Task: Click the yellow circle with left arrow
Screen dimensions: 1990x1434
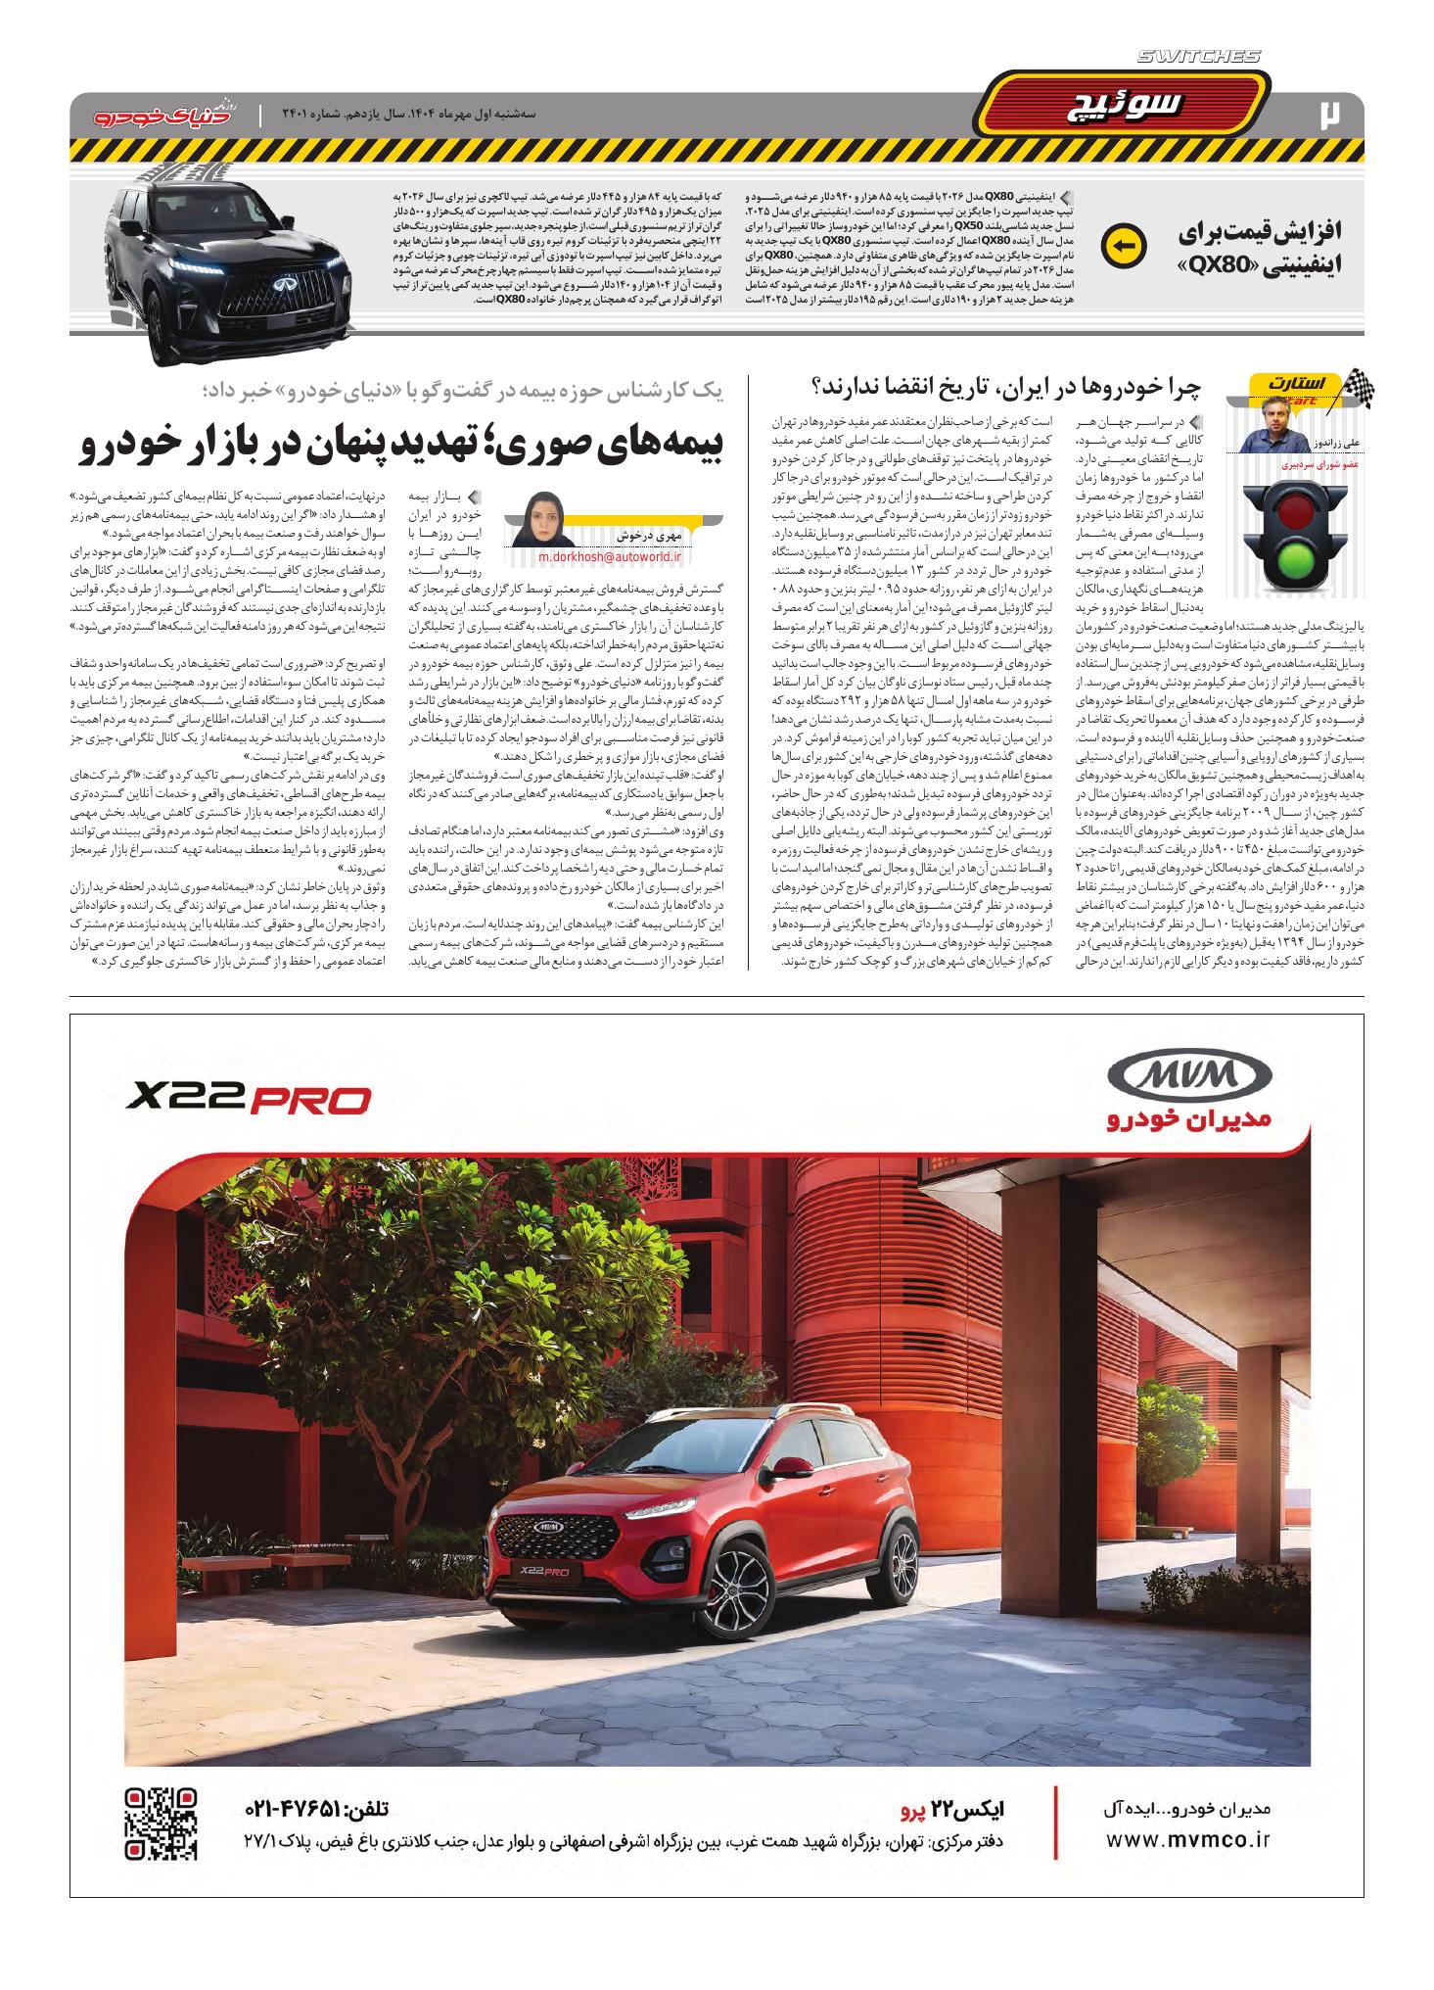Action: click(1123, 247)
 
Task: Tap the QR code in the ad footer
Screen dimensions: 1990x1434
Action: click(162, 1824)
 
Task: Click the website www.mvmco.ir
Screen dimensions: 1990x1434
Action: click(1187, 1838)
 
